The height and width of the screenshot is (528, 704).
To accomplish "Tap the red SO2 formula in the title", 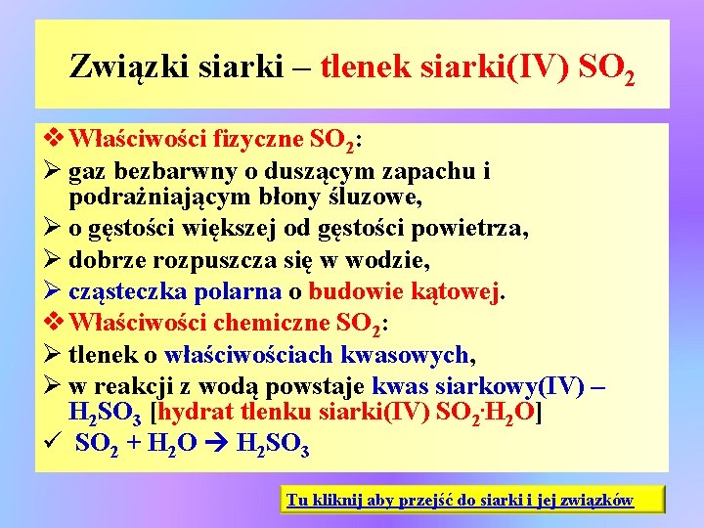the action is [606, 68].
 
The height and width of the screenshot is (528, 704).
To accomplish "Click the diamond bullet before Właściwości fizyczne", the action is [54, 138].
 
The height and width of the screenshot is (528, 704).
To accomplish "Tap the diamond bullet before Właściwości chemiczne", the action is [54, 322].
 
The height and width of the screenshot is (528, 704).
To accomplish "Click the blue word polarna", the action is [238, 291].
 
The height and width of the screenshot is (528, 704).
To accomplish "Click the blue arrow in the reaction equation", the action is [216, 443].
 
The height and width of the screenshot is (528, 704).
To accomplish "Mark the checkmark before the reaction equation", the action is [50, 443].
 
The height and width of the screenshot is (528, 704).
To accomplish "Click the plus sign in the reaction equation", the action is [134, 443].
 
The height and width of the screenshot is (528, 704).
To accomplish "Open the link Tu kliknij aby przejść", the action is [461, 500].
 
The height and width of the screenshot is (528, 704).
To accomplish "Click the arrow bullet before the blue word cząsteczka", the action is [52, 290].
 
